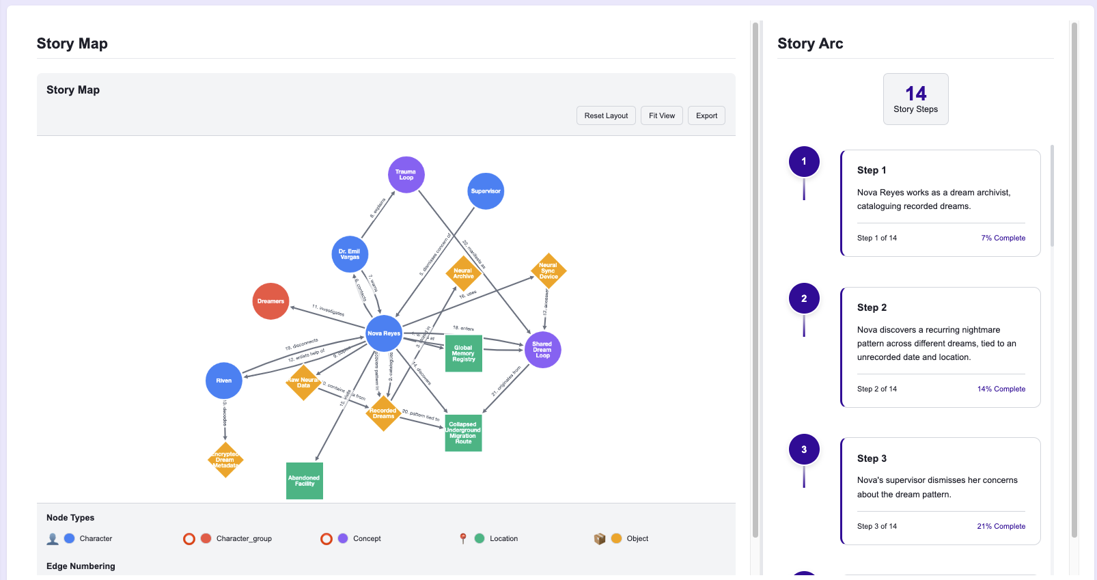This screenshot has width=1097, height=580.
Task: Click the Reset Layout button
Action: point(606,115)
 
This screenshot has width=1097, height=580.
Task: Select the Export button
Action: point(706,115)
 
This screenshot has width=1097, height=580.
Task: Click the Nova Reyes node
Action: point(384,333)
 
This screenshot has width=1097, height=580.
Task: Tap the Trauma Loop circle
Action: point(406,175)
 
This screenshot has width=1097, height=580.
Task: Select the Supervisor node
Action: point(486,191)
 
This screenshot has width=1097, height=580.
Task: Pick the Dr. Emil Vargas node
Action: point(350,254)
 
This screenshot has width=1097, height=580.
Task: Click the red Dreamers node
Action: point(270,301)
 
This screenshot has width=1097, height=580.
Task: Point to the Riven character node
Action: point(224,381)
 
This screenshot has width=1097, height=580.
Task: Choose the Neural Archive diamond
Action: point(463,273)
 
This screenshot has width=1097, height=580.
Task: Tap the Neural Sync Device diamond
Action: point(548,271)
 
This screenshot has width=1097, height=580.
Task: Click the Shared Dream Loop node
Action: point(542,350)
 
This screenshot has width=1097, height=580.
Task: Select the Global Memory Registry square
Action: point(463,353)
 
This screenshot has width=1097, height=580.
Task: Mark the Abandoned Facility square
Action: point(305,481)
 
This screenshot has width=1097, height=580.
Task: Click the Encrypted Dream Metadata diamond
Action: point(225,460)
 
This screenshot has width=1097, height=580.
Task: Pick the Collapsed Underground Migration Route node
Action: point(463,433)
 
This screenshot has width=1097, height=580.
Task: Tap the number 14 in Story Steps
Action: point(915,94)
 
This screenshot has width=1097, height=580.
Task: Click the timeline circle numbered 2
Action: point(804,299)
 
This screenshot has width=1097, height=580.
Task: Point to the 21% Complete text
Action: point(1001,526)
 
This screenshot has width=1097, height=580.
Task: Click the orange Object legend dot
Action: point(616,538)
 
